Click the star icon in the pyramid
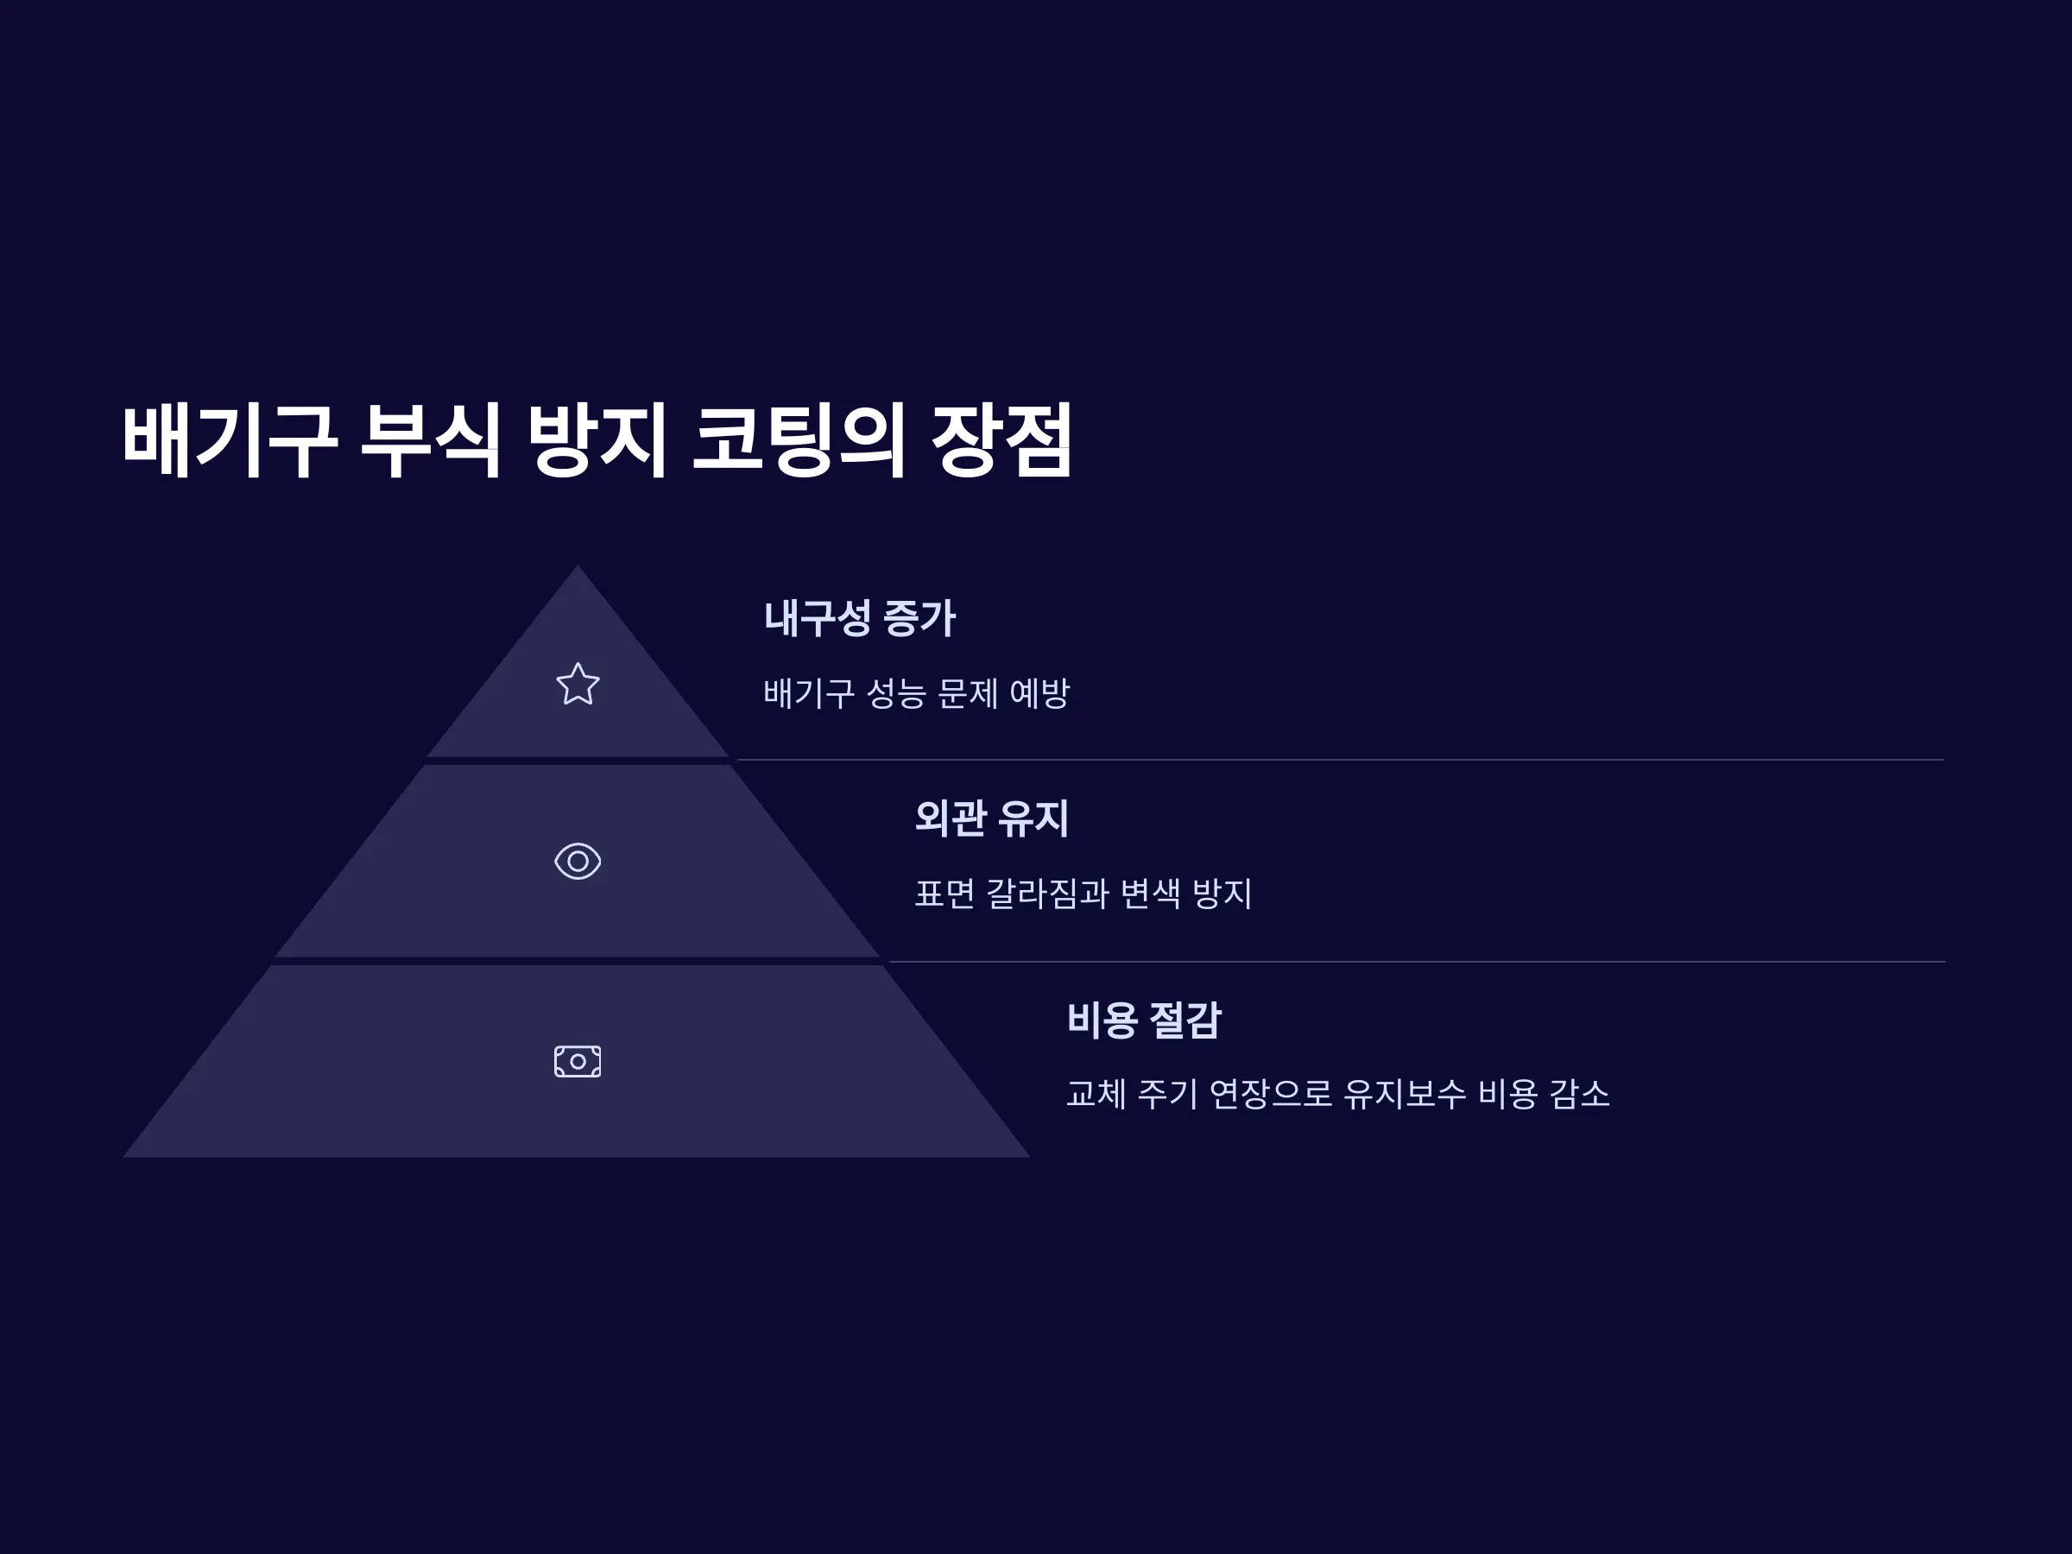578,684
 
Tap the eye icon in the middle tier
578,861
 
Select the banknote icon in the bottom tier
578,1061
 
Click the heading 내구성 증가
860,618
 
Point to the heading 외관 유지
992,818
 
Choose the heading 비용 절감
1145,1019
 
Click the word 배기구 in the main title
230,440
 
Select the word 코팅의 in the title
799,440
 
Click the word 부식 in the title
432,440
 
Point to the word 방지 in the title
597,440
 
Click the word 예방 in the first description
1039,693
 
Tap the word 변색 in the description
1151,893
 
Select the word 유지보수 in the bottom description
1405,1093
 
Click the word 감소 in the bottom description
1580,1093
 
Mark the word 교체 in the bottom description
1096,1093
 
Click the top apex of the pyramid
577,565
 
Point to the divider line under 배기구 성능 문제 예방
1341,760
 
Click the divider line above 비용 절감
1417,961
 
